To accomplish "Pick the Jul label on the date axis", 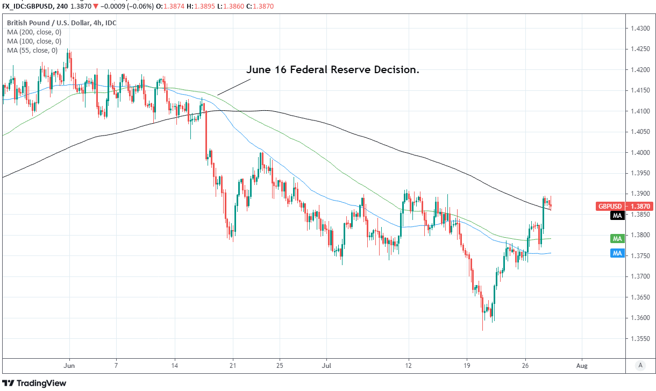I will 326,365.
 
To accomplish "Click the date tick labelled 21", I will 232,365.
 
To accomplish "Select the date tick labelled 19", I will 467,365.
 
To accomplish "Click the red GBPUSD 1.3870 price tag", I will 610,206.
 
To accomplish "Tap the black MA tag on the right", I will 617,216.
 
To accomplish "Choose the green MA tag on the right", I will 617,238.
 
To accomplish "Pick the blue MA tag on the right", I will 617,253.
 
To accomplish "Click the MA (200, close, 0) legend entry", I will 34,32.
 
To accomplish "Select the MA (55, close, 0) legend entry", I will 32,51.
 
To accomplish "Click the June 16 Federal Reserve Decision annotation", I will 332,70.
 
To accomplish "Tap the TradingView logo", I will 35,383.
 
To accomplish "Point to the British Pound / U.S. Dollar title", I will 61,23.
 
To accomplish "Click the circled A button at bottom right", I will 640,366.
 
